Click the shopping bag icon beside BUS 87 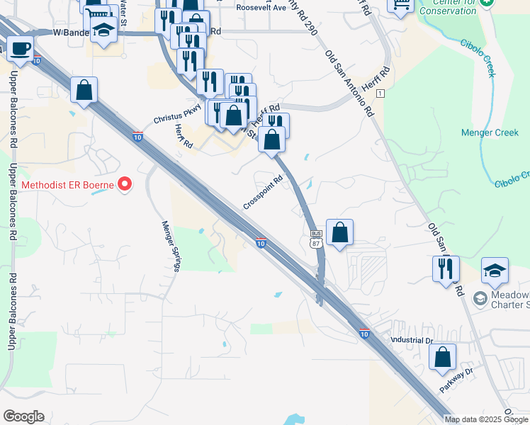[340, 232]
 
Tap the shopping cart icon [400, 4]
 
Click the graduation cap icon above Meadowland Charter [495, 270]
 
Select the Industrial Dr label [411, 340]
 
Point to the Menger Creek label [490, 132]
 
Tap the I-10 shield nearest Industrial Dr [363, 334]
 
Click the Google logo [23, 416]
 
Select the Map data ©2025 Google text [486, 419]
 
